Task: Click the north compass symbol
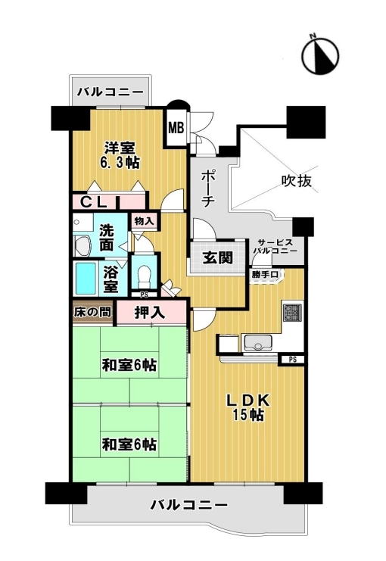pos(320,55)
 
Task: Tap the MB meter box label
pos(176,127)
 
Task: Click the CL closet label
pos(93,203)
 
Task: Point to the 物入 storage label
pos(144,222)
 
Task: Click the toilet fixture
pos(145,275)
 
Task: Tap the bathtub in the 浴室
pos(86,279)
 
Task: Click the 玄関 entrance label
pos(218,257)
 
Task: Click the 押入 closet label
pos(151,313)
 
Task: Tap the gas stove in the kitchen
pos(293,312)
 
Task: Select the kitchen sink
pos(257,342)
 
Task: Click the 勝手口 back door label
pos(265,275)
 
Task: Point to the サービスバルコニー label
pos(275,246)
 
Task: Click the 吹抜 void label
pos(297,181)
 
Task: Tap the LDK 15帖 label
pos(248,407)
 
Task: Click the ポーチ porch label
pos(207,189)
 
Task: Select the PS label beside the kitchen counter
pos(293,360)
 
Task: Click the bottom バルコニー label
pos(189,505)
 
